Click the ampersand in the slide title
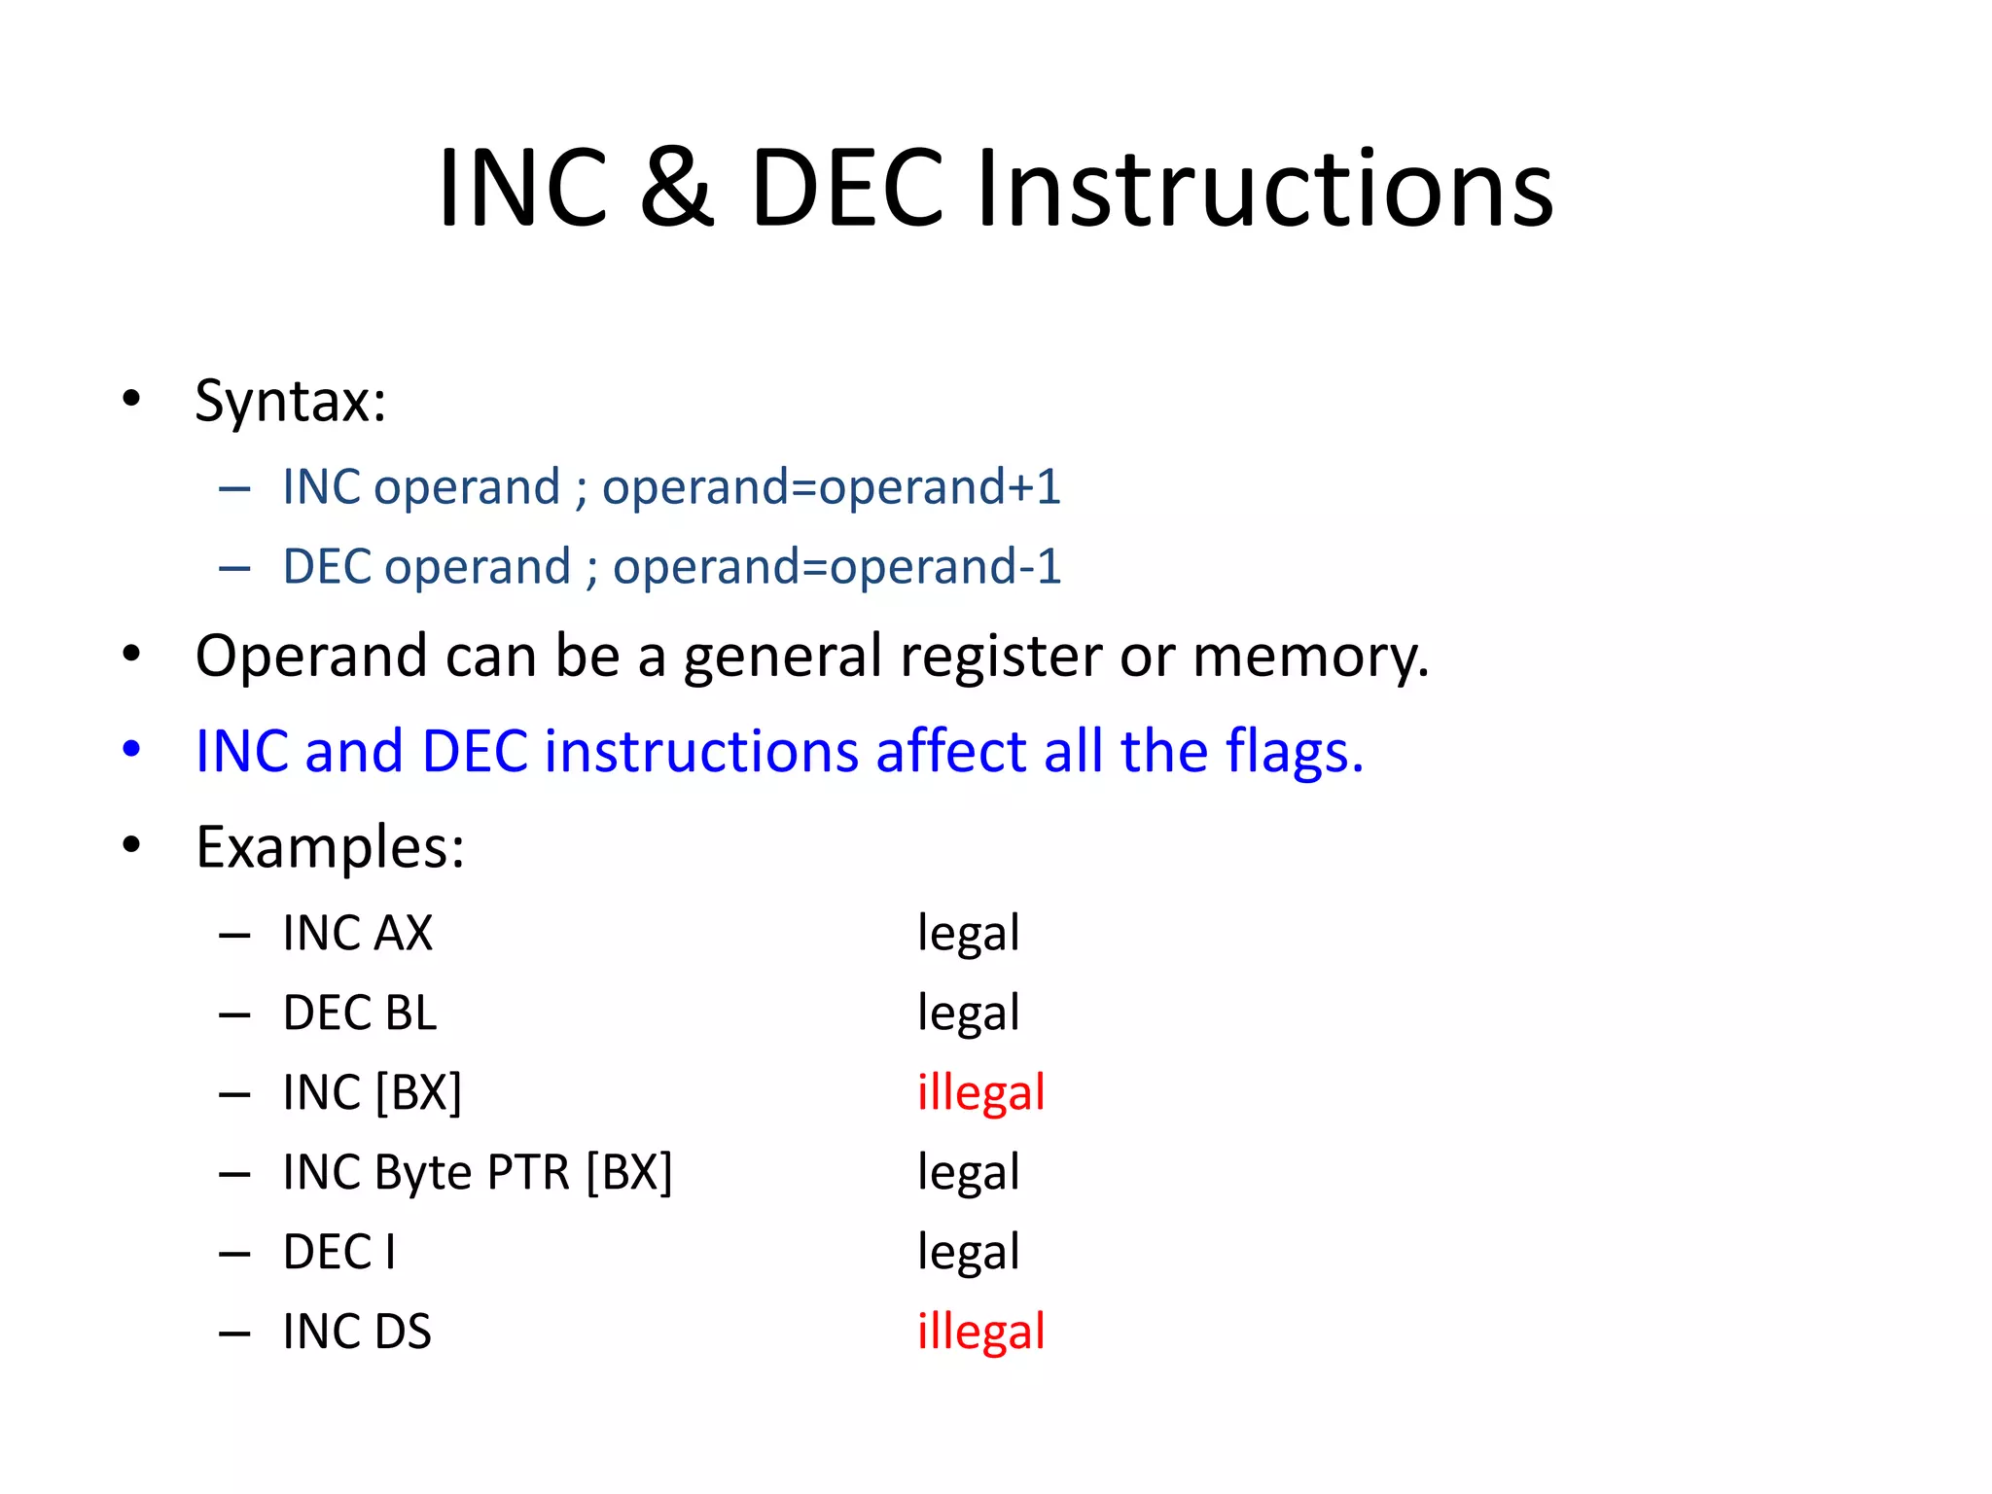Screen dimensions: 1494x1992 (676, 188)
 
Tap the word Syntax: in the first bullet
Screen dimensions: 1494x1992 (290, 400)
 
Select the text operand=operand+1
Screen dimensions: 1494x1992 (831, 486)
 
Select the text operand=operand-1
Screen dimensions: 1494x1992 (836, 566)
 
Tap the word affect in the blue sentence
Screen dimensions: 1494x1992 (950, 752)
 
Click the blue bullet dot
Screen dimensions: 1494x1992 (131, 750)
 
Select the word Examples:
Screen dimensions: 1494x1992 (330, 847)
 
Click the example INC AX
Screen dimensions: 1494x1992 (357, 934)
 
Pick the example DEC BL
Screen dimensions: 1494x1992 (360, 1014)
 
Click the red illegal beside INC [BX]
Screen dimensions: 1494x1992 (980, 1093)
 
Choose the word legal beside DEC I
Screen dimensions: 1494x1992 (968, 1253)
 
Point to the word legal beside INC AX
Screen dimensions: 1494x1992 (968, 934)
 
